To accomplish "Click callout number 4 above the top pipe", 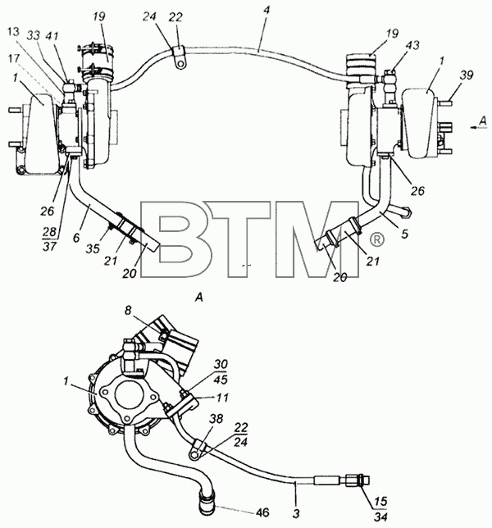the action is [x=266, y=10].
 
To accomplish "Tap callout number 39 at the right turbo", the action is [x=467, y=75].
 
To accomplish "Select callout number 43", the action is [x=412, y=45].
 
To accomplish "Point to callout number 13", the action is [x=13, y=32].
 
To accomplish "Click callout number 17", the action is [x=14, y=58].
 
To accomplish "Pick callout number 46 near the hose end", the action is [x=262, y=512].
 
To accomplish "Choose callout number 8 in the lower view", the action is [x=128, y=310].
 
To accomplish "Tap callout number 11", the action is [x=222, y=398].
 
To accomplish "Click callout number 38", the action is [x=216, y=419].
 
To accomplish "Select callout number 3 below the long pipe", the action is [x=296, y=513].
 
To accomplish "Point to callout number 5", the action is [x=404, y=234].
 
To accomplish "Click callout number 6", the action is [x=76, y=238].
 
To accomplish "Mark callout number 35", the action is [x=93, y=248].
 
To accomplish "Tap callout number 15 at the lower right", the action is [x=380, y=501].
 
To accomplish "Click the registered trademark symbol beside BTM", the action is [x=377, y=239].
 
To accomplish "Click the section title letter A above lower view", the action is [x=199, y=298].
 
